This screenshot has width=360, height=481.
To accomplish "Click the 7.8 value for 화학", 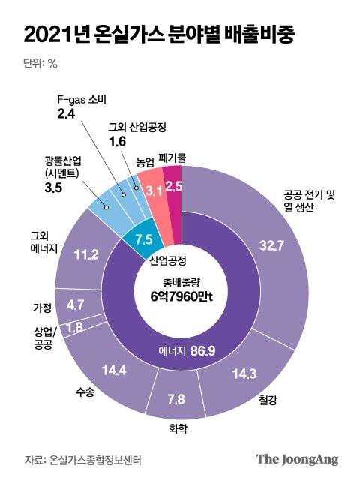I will [x=176, y=398].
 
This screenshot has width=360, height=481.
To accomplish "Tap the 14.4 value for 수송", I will [x=114, y=369].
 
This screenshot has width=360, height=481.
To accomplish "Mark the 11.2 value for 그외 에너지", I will [x=87, y=255].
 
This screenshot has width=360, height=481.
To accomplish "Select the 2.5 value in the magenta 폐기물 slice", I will [x=174, y=187].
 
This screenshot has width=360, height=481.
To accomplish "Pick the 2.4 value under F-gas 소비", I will [x=67, y=113].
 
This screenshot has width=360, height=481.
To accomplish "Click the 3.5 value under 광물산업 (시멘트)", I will [x=54, y=187].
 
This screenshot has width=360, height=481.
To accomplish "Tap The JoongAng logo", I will [x=297, y=458].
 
